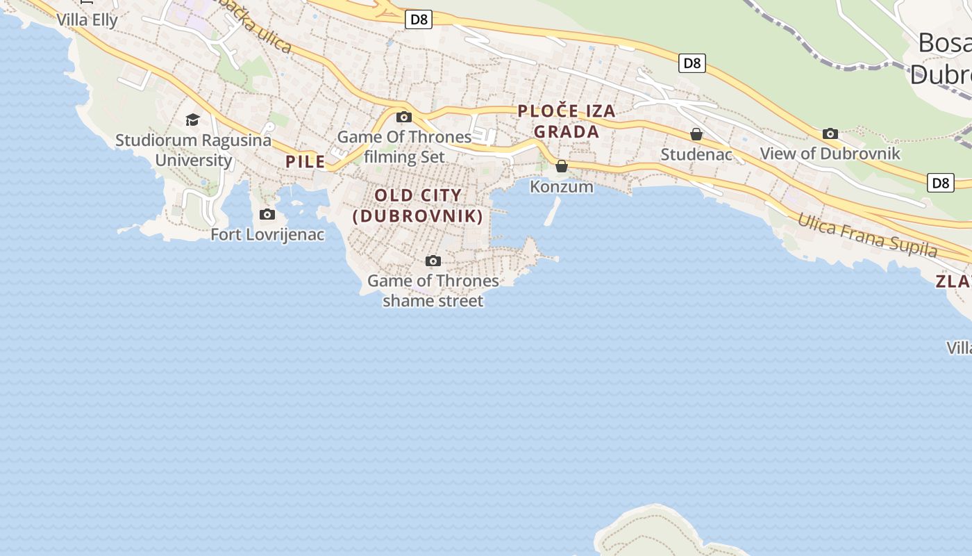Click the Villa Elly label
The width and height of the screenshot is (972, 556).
tap(87, 19)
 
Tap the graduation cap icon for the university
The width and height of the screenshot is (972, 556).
tap(192, 120)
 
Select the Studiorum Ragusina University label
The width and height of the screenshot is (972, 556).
tap(193, 150)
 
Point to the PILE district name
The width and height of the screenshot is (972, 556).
tap(305, 162)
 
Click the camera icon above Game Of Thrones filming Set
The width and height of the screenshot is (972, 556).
tap(404, 117)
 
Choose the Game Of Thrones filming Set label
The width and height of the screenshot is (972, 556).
tap(404, 147)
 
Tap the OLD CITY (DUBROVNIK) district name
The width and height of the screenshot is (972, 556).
tap(418, 206)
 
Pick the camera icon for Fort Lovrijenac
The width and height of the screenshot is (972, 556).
tap(267, 214)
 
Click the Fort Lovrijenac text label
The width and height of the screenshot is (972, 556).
tap(267, 234)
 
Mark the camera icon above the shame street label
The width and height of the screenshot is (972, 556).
tap(433, 261)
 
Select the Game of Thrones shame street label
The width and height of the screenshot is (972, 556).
tap(433, 291)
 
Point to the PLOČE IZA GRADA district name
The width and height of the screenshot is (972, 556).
tap(567, 121)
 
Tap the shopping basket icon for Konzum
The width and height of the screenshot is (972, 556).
tap(562, 166)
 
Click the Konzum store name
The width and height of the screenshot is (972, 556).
tap(562, 186)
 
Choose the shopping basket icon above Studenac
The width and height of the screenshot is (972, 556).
tap(696, 134)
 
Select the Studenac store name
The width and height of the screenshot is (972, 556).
tap(696, 154)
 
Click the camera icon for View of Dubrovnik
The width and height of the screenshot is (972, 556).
tap(830, 133)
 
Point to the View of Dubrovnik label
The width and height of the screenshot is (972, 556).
tap(830, 154)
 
